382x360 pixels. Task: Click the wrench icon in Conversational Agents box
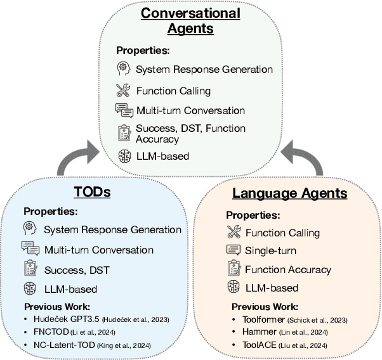coord(123,90)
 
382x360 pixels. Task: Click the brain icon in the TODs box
coord(29,289)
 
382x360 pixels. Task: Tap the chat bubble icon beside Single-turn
coord(233,250)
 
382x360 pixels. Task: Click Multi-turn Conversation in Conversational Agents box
coord(190,110)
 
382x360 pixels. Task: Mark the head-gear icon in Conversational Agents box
coord(123,69)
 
